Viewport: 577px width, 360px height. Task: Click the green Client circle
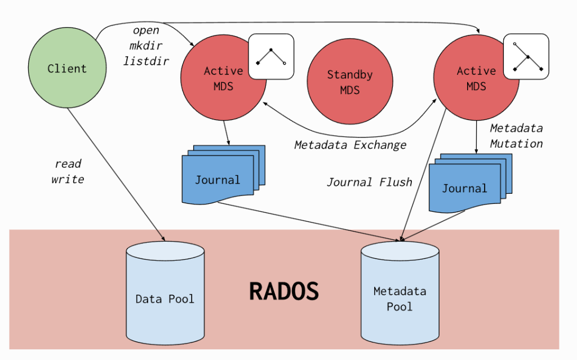click(x=68, y=68)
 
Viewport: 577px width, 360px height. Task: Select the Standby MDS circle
click(x=350, y=81)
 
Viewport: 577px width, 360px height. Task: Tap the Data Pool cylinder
click(x=165, y=293)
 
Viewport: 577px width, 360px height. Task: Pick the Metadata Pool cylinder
click(x=400, y=293)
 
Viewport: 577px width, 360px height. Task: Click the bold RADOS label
click(x=284, y=291)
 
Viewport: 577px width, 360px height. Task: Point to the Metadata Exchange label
click(x=350, y=145)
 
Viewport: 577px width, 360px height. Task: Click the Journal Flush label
click(x=370, y=182)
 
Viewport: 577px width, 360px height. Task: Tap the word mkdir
click(x=146, y=46)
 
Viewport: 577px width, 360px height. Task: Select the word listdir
click(x=146, y=61)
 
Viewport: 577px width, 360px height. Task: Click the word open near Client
click(x=146, y=30)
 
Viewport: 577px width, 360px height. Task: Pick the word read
click(x=68, y=164)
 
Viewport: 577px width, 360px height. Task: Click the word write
click(x=68, y=179)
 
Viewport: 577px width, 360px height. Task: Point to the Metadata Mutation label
click(x=516, y=136)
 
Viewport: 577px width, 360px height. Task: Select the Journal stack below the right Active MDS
click(x=471, y=183)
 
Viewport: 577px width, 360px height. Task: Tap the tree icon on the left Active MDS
click(x=271, y=56)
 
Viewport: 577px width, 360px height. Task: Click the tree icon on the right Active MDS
click(x=526, y=56)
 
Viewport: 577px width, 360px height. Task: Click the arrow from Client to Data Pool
click(x=116, y=175)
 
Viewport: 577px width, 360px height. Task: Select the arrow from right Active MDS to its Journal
click(x=477, y=137)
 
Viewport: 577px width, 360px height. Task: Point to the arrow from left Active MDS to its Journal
click(x=227, y=133)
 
